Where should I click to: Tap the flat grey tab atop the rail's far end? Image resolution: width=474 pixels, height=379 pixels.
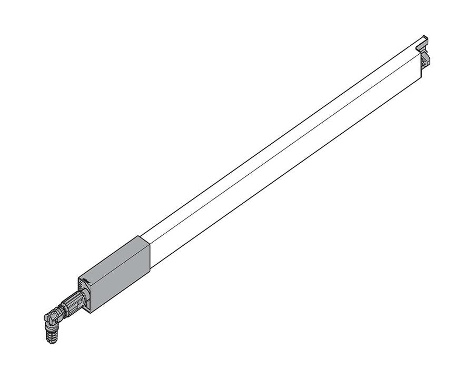pyautogui.click(x=423, y=42)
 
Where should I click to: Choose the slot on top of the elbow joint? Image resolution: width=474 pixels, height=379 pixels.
pyautogui.click(x=48, y=315)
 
